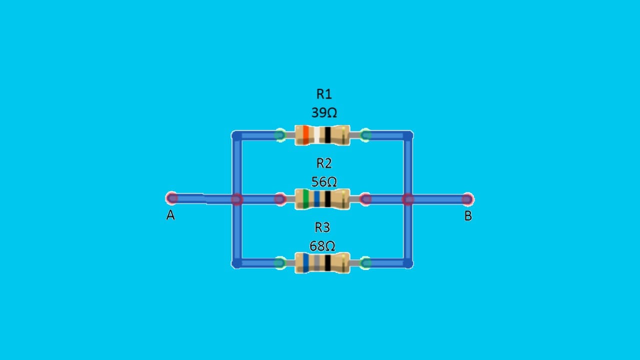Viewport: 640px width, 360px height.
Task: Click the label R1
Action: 324,94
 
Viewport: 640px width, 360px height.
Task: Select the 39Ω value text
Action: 324,112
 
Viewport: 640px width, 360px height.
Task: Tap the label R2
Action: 324,163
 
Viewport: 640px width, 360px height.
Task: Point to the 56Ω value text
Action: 324,181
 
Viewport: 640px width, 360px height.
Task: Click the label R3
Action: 322,227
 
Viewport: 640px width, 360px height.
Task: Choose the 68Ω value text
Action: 322,245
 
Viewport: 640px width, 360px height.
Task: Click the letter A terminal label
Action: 170,215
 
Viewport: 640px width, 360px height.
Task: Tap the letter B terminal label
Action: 468,216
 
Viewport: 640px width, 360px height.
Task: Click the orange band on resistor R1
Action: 305,135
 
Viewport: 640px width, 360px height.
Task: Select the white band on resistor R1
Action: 316,135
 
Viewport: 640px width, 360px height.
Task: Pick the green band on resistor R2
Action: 305,199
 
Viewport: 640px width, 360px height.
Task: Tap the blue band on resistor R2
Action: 316,199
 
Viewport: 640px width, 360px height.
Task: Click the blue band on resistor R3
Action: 305,263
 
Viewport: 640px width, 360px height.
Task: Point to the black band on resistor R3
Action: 327,263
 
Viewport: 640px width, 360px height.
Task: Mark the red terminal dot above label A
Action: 171,198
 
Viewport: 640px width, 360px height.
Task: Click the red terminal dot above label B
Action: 467,199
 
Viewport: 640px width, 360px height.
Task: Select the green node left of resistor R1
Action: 280,135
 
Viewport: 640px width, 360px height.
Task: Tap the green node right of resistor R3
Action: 365,263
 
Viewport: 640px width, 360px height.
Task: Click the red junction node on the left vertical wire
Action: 237,199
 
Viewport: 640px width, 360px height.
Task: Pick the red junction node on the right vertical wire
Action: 408,199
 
